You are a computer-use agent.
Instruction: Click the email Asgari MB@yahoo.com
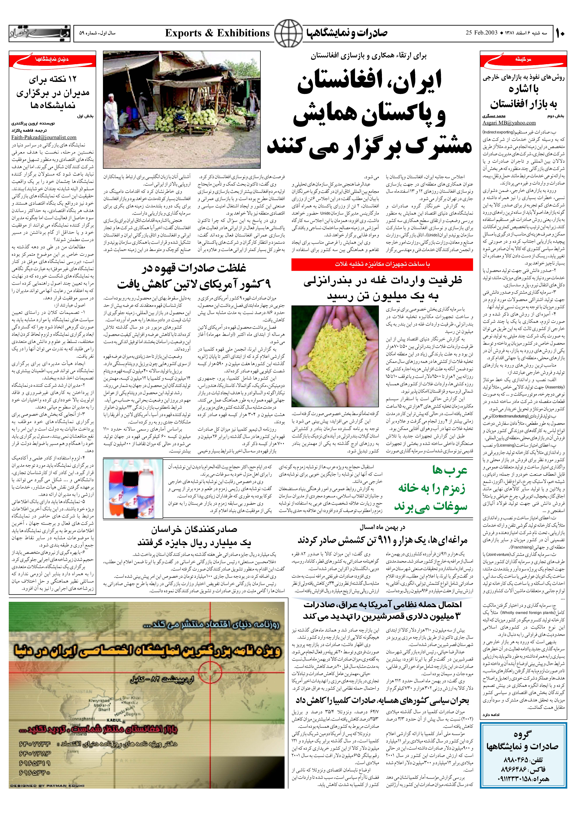[509, 123]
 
